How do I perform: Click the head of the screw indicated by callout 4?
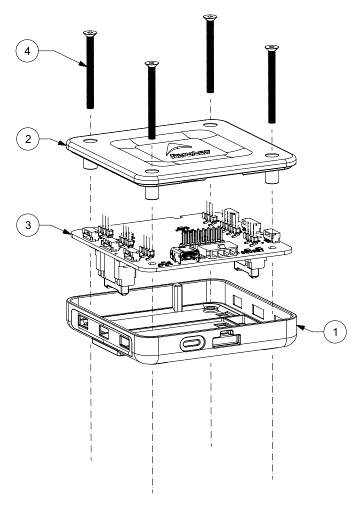(x=90, y=33)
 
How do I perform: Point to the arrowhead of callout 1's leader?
(x=298, y=326)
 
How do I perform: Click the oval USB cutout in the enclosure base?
(x=191, y=344)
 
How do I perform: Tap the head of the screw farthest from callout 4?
(x=271, y=47)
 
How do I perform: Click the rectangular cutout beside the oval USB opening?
(x=226, y=341)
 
